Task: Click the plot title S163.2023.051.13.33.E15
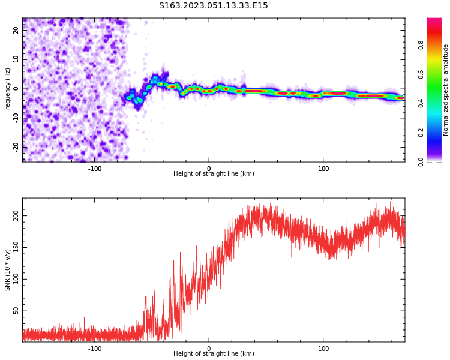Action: [213, 6]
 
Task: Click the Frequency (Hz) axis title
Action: [8, 90]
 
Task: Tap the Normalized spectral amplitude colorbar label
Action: [446, 90]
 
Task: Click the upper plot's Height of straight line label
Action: [214, 174]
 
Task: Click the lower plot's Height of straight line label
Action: [214, 354]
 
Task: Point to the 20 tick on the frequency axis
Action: [17, 31]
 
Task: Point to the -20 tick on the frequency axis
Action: [17, 146]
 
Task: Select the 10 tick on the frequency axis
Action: [17, 59]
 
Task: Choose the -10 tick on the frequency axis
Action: [17, 118]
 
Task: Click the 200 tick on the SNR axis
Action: [17, 215]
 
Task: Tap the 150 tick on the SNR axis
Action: [17, 247]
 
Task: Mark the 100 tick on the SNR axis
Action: [17, 278]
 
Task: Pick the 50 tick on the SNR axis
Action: [17, 310]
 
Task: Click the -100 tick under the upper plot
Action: [95, 168]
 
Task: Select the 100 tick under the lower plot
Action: [323, 348]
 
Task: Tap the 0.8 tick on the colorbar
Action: [421, 44]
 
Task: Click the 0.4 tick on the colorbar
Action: [421, 103]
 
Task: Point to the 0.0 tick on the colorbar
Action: [421, 161]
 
